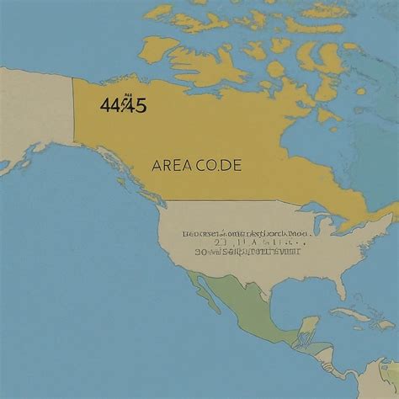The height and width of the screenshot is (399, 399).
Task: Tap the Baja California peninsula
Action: pos(202,290)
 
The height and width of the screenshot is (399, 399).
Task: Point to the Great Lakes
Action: pos(320,226)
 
